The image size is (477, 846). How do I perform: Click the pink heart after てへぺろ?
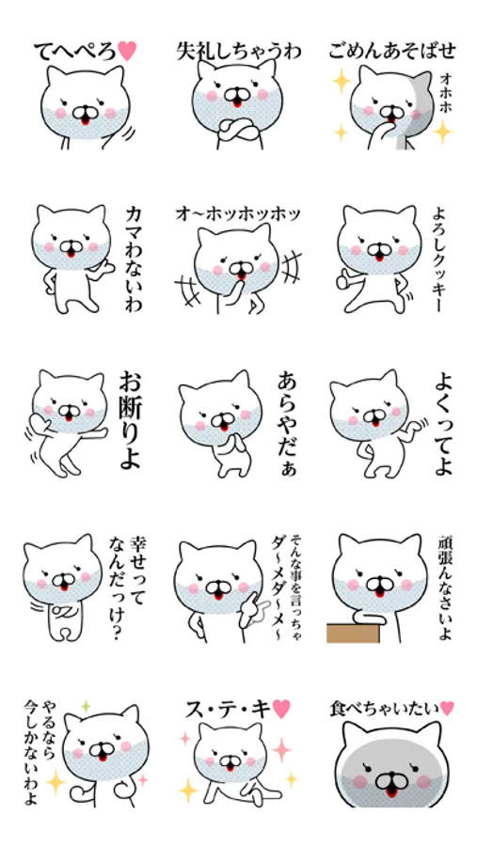point(127,51)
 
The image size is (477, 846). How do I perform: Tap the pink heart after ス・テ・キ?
point(281,709)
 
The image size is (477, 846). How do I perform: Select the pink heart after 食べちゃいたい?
point(447,708)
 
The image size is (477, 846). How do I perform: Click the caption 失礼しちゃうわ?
point(239,52)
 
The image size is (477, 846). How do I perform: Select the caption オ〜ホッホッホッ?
point(238,213)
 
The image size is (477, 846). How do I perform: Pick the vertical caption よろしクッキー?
point(437,258)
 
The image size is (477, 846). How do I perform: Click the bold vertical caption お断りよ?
point(130,420)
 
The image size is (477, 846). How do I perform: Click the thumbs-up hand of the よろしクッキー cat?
point(344,279)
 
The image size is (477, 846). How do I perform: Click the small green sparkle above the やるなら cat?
point(85,706)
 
